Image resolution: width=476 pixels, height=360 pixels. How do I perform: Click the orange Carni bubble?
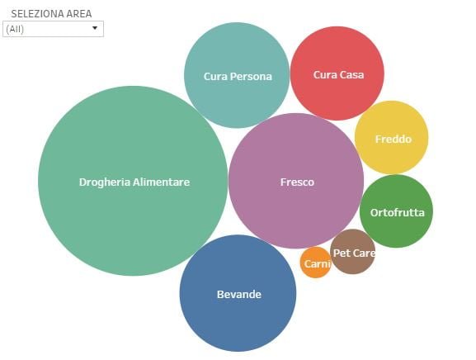(x=316, y=263)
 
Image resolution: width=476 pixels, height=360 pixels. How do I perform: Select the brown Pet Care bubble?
(x=353, y=252)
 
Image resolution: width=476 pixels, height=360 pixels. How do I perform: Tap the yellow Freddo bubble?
(x=392, y=138)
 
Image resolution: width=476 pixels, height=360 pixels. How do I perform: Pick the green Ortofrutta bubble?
(x=396, y=211)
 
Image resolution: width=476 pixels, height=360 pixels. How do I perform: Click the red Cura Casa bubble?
(x=337, y=73)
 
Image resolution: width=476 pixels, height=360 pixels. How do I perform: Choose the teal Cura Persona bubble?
(x=237, y=75)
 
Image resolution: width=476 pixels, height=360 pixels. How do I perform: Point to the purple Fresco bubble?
(x=296, y=181)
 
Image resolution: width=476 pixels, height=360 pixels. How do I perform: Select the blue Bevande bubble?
(x=238, y=293)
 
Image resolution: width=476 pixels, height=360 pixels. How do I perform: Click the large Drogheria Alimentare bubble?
(x=133, y=181)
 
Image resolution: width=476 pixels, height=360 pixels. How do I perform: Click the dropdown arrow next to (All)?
(x=95, y=28)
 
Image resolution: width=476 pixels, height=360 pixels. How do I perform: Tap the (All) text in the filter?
(x=15, y=29)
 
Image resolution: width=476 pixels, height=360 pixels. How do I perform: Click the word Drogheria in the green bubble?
(x=105, y=182)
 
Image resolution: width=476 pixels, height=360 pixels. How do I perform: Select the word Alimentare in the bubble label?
(x=162, y=182)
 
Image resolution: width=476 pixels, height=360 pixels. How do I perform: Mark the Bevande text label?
(x=239, y=295)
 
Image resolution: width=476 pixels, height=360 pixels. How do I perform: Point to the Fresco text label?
(x=297, y=182)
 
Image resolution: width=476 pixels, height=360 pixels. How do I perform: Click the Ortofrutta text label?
(x=398, y=213)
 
